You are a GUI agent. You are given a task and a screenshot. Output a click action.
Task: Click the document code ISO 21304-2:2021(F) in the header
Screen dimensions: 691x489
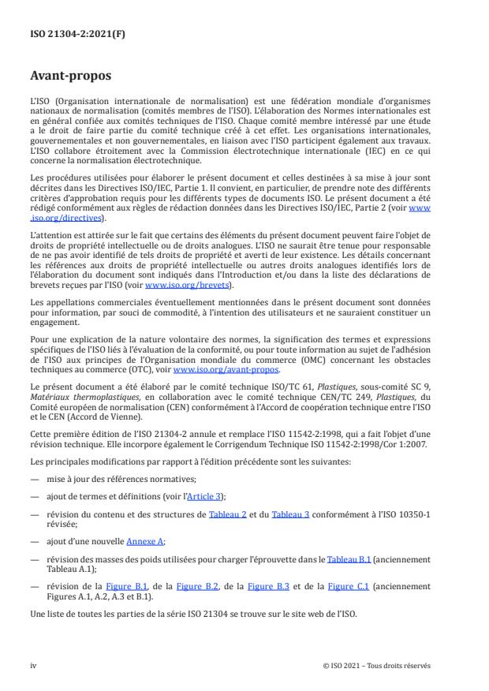69,35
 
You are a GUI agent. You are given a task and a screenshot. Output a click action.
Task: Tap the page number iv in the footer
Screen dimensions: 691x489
34,666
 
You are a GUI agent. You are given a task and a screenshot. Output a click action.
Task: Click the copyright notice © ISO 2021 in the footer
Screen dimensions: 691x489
376,666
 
